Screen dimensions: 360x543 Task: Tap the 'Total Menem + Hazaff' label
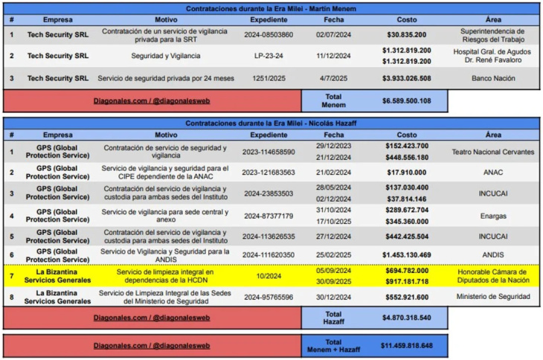click(x=333, y=346)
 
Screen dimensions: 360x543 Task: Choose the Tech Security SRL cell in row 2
click(x=57, y=56)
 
